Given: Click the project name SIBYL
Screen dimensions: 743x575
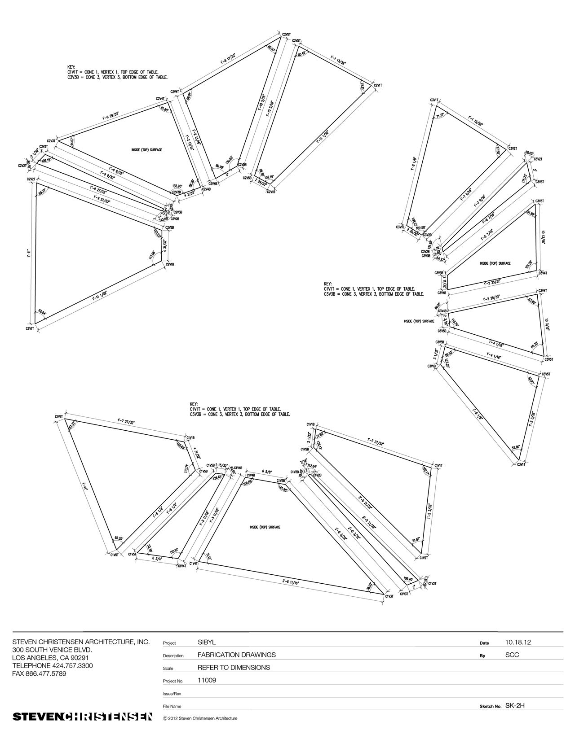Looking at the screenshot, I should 207,642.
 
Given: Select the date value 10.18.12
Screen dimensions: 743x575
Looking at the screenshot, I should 517,642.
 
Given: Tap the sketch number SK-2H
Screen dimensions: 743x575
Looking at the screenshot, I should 515,705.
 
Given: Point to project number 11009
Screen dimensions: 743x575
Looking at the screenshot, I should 207,680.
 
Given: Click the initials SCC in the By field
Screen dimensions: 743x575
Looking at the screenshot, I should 512,655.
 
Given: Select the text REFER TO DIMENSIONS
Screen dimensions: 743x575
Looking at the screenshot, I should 234,668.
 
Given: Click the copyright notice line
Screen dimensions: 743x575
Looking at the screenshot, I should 200,718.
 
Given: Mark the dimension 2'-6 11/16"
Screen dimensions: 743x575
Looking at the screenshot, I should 290,581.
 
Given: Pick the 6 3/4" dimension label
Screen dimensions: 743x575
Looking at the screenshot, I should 157,559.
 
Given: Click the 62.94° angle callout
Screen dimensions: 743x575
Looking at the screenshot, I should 42,311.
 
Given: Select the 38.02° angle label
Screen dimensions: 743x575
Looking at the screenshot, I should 369,586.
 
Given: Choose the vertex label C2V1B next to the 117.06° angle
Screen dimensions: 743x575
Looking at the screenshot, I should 169,264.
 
